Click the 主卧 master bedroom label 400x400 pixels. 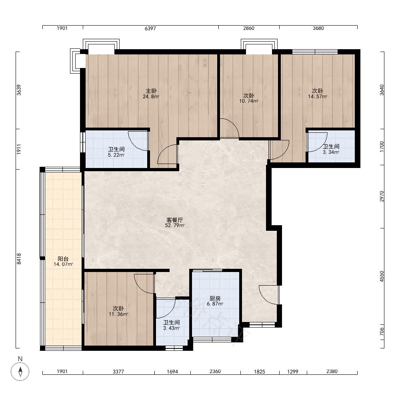[x=151, y=91]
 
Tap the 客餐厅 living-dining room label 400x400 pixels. [x=174, y=220]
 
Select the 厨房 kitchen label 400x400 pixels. [x=215, y=298]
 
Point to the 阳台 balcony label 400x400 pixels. [x=63, y=259]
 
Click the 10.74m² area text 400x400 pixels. [x=249, y=101]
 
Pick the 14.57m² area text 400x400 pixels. [x=318, y=97]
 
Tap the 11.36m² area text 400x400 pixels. [x=118, y=314]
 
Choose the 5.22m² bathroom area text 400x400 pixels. [x=116, y=155]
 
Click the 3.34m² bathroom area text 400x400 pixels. [x=331, y=152]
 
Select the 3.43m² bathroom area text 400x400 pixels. [x=172, y=328]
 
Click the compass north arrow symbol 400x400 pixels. [x=20, y=372]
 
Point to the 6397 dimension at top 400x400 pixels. [x=150, y=28]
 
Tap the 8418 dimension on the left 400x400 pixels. [x=19, y=259]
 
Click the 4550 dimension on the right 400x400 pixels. [x=382, y=276]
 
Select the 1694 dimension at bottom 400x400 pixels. [x=172, y=372]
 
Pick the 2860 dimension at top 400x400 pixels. [x=249, y=28]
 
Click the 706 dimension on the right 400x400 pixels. [x=382, y=331]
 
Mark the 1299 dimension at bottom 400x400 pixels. [x=293, y=372]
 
